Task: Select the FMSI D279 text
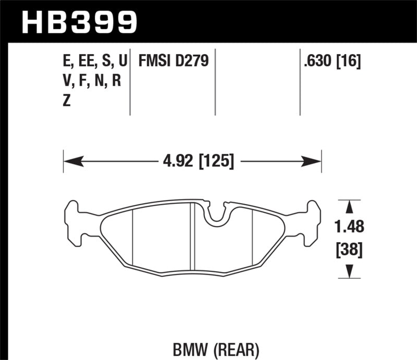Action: [x=173, y=61]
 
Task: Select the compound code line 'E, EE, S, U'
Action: [x=94, y=61]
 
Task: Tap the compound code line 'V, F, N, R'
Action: [x=92, y=81]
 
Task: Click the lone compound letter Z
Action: [x=66, y=101]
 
